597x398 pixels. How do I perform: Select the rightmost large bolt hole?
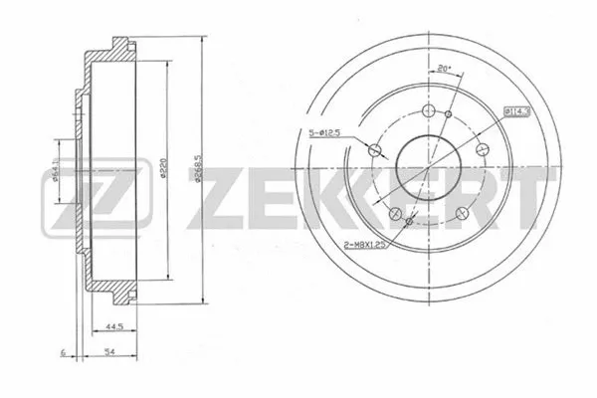pos(481,148)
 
